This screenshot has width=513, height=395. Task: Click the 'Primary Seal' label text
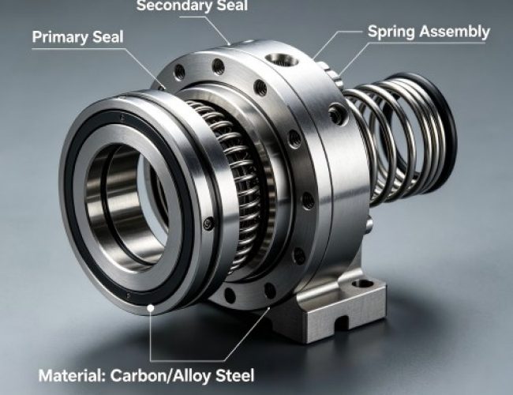(x=78, y=37)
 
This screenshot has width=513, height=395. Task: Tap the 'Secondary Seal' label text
(x=192, y=6)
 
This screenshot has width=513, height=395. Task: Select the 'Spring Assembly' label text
(x=429, y=32)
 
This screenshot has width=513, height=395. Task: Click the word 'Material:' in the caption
(x=72, y=375)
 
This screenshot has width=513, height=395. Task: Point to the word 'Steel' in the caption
(x=234, y=375)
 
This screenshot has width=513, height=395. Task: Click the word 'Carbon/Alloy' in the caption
(x=160, y=375)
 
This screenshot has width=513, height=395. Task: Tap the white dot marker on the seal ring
(x=151, y=308)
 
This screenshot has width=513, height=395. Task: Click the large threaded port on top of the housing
(x=282, y=59)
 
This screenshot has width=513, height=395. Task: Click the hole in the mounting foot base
(x=362, y=284)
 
